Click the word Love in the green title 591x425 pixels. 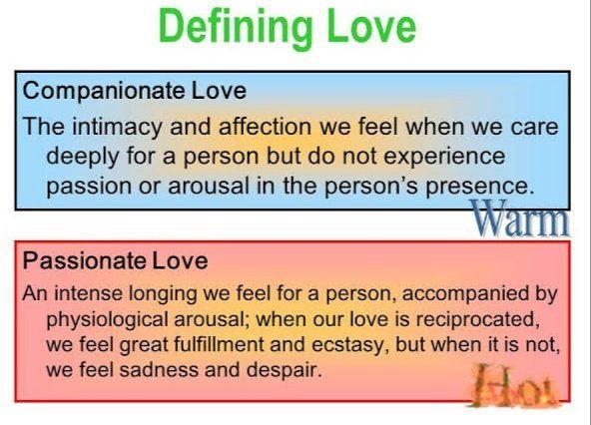371,26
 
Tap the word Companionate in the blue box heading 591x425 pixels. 103,92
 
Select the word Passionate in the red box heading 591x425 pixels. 84,260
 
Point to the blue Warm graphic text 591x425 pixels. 519,218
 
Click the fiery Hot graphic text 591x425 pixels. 515,386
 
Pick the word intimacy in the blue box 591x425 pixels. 116,127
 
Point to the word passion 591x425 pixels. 88,187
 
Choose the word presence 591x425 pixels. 480,187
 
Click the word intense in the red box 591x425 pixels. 89,293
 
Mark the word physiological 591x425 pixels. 107,320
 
